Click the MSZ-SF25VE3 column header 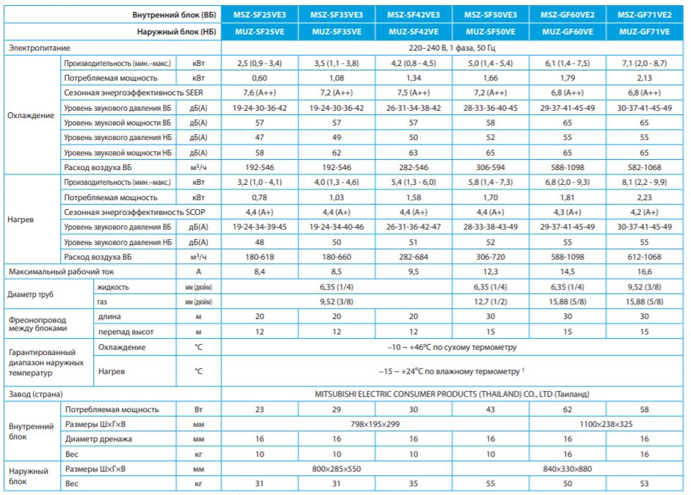click(260, 15)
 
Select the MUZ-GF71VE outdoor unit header click(644, 32)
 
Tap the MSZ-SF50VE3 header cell click(491, 15)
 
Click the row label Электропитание click(40, 48)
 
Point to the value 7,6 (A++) click(260, 93)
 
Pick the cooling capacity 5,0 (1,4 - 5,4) click(491, 63)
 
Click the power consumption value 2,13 click(644, 78)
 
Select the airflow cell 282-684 click(414, 257)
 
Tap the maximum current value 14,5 click(567, 272)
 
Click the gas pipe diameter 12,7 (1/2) click(491, 301)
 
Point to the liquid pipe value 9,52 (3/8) click(644, 287)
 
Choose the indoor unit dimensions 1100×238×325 click(606, 424)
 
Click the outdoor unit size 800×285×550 click(337, 469)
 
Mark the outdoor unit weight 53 click(644, 483)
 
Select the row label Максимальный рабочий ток click(62, 272)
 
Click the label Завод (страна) click(36, 394)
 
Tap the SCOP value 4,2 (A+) click(644, 212)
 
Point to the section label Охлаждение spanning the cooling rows click(31, 115)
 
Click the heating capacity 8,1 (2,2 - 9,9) click(644, 183)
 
